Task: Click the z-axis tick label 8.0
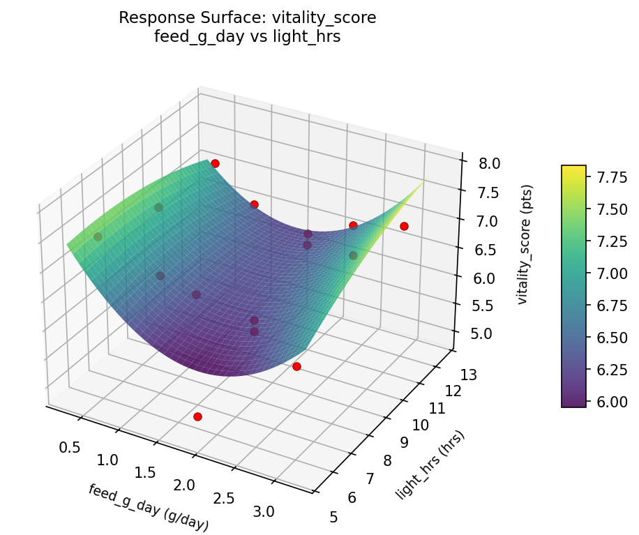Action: click(481, 163)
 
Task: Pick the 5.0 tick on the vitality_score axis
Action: click(481, 333)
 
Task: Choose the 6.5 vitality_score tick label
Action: click(481, 250)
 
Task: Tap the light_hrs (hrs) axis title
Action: click(430, 465)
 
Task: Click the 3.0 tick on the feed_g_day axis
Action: click(264, 511)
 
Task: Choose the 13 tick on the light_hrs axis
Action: click(469, 375)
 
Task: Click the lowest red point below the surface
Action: click(197, 416)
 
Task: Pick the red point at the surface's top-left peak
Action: click(215, 163)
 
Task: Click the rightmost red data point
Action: click(404, 226)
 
